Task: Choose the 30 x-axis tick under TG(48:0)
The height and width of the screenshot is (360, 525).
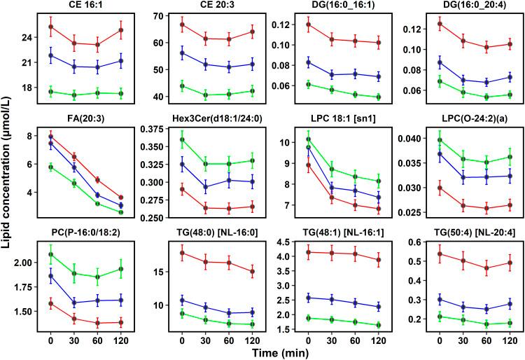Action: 204,340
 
